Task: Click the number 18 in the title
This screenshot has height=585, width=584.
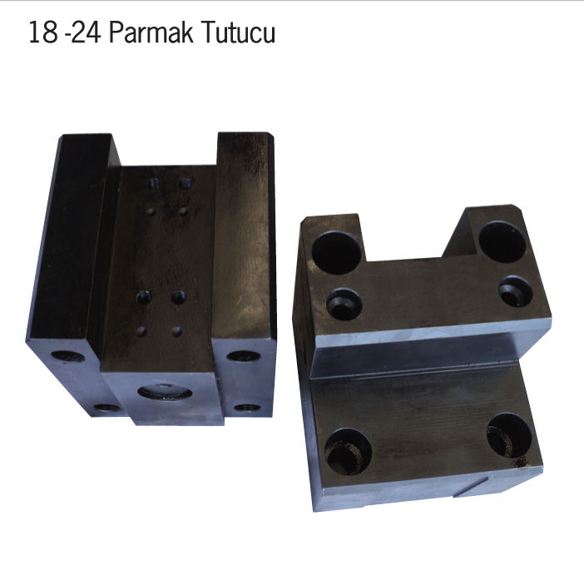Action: tap(43, 32)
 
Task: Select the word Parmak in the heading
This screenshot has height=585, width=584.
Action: tap(151, 32)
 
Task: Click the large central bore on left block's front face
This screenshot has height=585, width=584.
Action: tap(165, 392)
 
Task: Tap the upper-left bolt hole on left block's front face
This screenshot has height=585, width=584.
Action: tap(68, 356)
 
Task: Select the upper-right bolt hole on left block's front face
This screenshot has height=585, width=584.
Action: tap(244, 356)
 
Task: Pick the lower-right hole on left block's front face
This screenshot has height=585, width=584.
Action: tap(248, 408)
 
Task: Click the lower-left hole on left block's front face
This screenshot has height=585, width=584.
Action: tap(106, 408)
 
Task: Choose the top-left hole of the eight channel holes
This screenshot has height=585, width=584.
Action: tap(154, 184)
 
